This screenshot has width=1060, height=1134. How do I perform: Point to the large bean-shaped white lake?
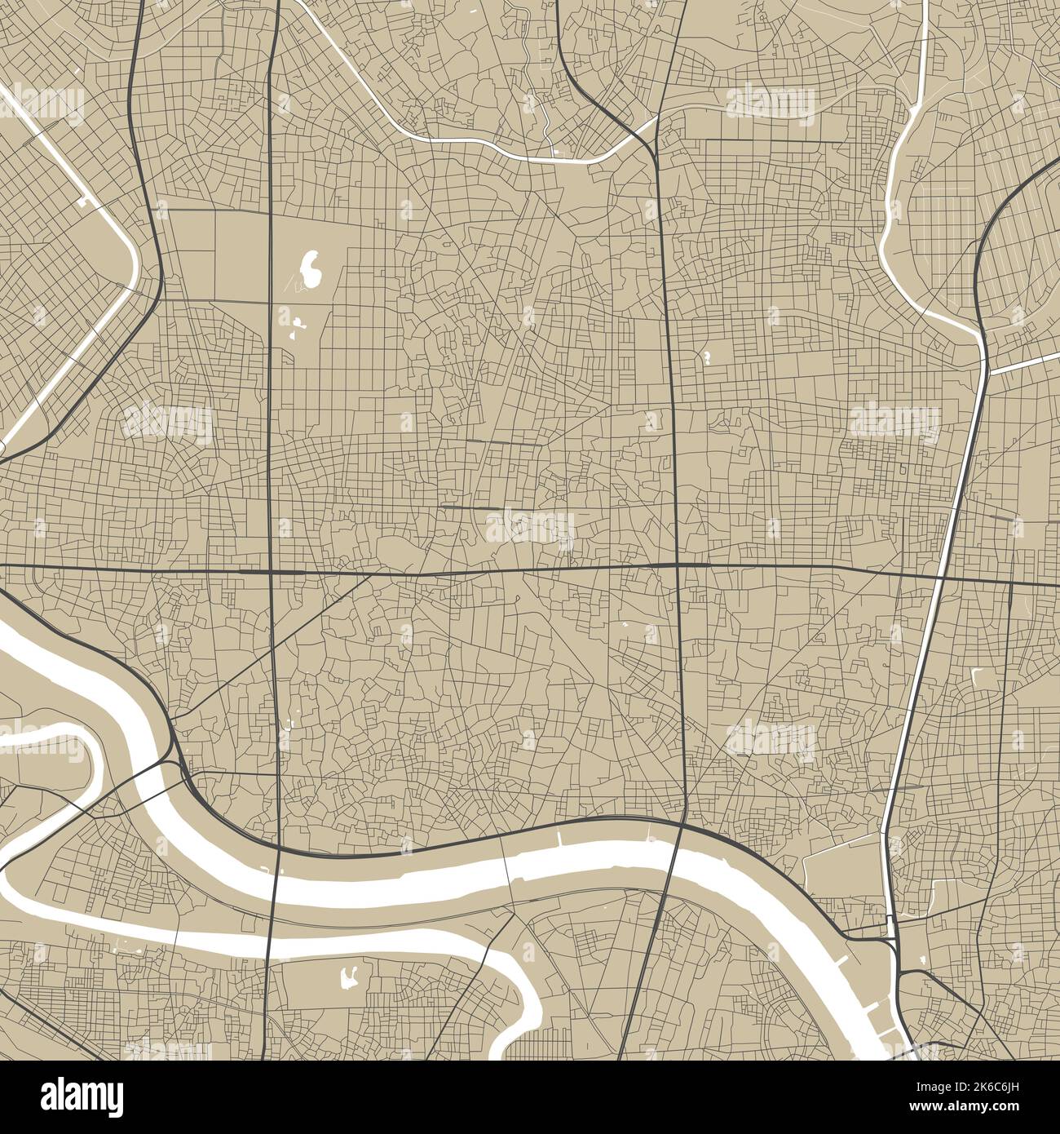click(x=310, y=269)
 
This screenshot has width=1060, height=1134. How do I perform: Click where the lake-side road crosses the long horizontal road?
click(x=271, y=572)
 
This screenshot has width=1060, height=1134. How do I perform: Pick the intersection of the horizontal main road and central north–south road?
click(x=678, y=565)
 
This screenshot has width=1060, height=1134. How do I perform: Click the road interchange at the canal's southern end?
click(x=894, y=946)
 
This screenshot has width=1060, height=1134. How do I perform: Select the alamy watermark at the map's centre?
click(x=530, y=526)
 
